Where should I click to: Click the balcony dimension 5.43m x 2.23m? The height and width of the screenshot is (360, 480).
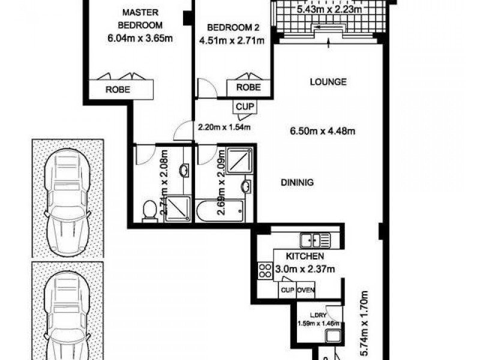point(329,9)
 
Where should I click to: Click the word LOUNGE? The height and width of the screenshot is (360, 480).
point(328,82)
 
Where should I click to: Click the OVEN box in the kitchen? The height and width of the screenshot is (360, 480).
point(305,291)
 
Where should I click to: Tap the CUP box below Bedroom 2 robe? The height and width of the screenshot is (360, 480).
point(245,106)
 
